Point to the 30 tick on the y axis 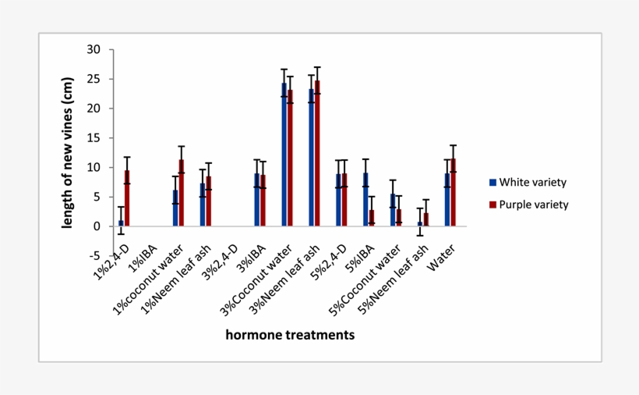pyautogui.click(x=94, y=49)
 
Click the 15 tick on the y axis pyautogui.click(x=94, y=138)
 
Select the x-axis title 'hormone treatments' pyautogui.click(x=290, y=335)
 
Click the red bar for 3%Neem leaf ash pyautogui.click(x=317, y=153)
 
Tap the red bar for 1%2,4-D pyautogui.click(x=127, y=198)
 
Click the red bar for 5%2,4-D pyautogui.click(x=344, y=200)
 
